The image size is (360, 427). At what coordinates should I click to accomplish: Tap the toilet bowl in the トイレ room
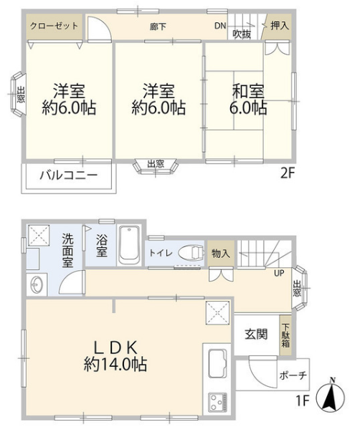[191, 253]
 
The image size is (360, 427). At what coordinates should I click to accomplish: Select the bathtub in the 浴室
[129, 244]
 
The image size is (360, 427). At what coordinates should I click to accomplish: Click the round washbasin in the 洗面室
[37, 285]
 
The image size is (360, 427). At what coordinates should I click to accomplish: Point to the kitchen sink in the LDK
[217, 363]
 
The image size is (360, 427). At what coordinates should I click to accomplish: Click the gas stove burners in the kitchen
[217, 402]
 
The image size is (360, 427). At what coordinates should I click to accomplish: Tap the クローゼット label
[54, 26]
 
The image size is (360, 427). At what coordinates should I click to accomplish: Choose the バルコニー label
[69, 175]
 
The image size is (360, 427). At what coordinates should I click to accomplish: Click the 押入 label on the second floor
[280, 26]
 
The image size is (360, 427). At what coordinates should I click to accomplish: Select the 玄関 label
[256, 334]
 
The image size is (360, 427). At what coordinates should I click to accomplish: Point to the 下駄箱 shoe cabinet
[285, 335]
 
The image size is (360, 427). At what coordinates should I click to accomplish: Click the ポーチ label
[293, 376]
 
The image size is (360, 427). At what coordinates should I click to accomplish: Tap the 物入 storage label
[221, 254]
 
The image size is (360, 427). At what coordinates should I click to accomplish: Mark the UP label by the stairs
[279, 273]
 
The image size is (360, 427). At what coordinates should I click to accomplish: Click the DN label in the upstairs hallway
[220, 26]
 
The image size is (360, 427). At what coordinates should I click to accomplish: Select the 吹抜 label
[242, 34]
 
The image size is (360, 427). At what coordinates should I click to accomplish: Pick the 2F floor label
[288, 173]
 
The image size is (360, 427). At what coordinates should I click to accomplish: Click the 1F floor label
[303, 400]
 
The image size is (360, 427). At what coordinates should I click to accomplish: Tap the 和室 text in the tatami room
[248, 92]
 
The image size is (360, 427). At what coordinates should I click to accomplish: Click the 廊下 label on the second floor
[158, 27]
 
